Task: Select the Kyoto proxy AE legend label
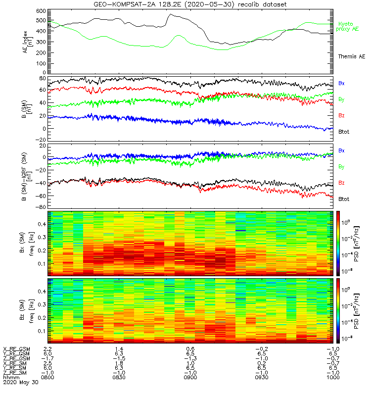(347, 27)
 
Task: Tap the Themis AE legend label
(352, 56)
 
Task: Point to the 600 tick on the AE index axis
(41, 11)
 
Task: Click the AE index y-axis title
(27, 42)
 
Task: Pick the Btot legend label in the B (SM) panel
(344, 132)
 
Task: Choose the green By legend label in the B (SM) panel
(341, 99)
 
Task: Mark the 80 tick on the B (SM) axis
(43, 78)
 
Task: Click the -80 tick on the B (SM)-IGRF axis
(41, 207)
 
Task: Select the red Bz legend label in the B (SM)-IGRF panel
(341, 183)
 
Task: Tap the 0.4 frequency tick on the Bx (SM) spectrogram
(42, 224)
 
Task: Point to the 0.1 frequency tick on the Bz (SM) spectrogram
(42, 331)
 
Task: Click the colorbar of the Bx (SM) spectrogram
(338, 243)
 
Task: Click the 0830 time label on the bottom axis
(119, 377)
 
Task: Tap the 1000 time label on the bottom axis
(333, 377)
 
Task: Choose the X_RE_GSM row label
(16, 349)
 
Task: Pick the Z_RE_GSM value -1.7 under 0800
(47, 358)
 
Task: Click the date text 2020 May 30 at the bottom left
(21, 382)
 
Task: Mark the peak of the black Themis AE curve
(171, 14)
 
